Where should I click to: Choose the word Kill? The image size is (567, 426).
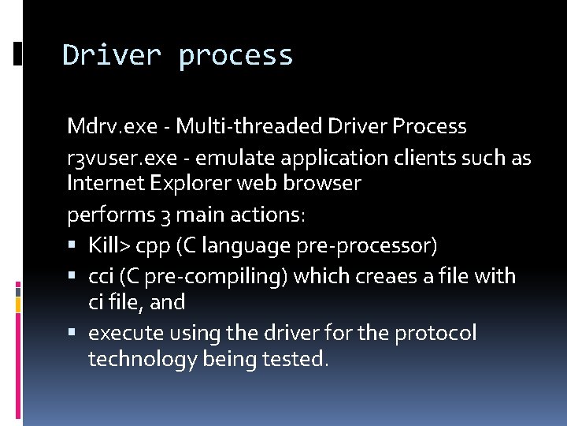tap(106, 245)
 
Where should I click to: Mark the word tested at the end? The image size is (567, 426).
tap(299, 360)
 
